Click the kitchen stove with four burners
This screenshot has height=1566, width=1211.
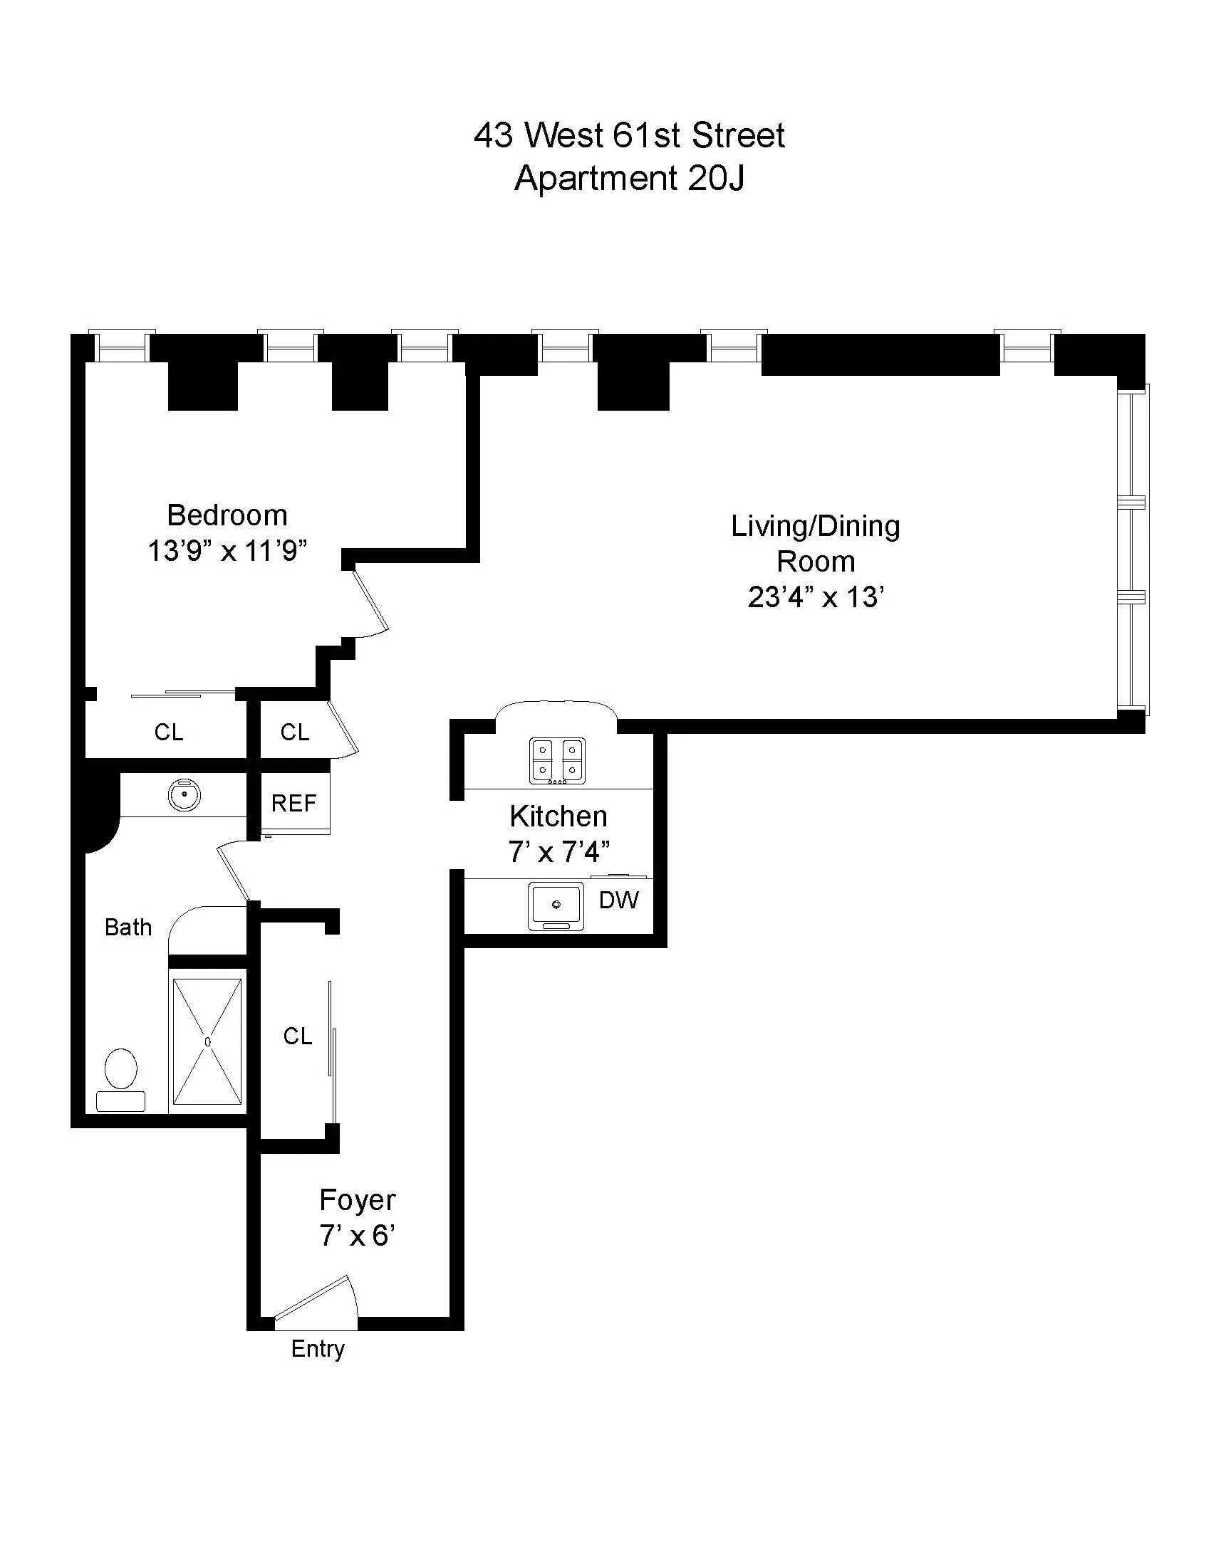pos(558,760)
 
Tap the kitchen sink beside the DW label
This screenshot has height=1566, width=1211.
pos(556,906)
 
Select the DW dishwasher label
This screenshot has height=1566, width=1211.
pos(618,900)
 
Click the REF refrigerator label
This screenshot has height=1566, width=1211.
pos(293,803)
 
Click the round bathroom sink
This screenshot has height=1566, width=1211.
pos(184,795)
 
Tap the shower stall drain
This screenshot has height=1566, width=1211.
pos(207,1041)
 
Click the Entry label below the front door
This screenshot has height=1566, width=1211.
pos(318,1349)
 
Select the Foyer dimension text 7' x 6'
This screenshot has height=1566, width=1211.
pos(358,1237)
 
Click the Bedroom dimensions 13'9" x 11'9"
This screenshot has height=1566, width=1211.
pos(227,552)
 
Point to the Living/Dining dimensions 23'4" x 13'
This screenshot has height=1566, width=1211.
pos(815,597)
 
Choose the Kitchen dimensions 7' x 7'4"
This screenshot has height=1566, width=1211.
pos(559,853)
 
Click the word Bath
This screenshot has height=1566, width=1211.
pos(128,927)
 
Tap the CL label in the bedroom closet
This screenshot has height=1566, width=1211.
pos(169,732)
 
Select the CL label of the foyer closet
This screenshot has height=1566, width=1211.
pos(297,1036)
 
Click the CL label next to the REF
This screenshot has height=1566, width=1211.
pos(295,732)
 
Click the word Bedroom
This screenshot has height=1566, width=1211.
pos(227,515)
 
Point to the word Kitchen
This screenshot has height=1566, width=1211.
pos(558,816)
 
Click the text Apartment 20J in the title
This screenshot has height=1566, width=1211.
pos(629,179)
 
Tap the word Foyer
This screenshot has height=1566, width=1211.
pos(358,1200)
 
